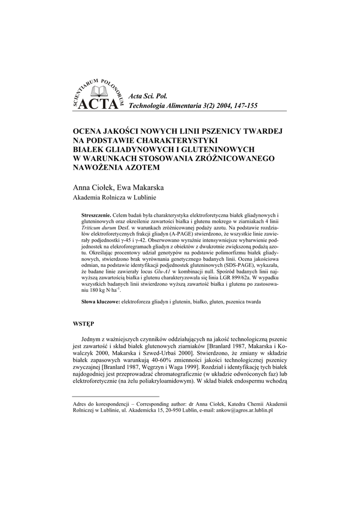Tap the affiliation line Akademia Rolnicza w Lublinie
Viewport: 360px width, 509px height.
pyautogui.click(x=115, y=198)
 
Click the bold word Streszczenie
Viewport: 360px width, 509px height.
pyautogui.click(x=97, y=214)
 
